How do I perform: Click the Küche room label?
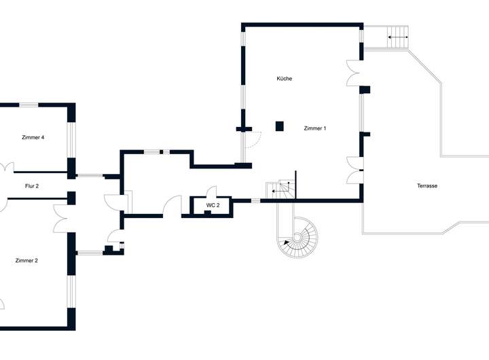pyautogui.click(x=285, y=79)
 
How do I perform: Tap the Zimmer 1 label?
pyautogui.click(x=315, y=128)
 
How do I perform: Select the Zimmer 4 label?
pyautogui.click(x=33, y=138)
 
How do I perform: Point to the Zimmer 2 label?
pyautogui.click(x=26, y=260)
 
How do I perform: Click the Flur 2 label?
pyautogui.click(x=32, y=185)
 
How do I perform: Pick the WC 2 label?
pyautogui.click(x=213, y=204)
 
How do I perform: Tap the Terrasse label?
pyautogui.click(x=427, y=185)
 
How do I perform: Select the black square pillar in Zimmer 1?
pyautogui.click(x=279, y=126)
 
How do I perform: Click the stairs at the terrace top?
pyautogui.click(x=397, y=37)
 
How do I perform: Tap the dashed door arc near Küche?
pyautogui.click(x=252, y=139)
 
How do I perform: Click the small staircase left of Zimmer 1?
pyautogui.click(x=280, y=190)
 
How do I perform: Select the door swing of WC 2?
pyautogui.click(x=211, y=191)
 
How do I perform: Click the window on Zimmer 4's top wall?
pyautogui.click(x=28, y=105)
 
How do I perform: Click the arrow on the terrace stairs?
pyautogui.click(x=398, y=37)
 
